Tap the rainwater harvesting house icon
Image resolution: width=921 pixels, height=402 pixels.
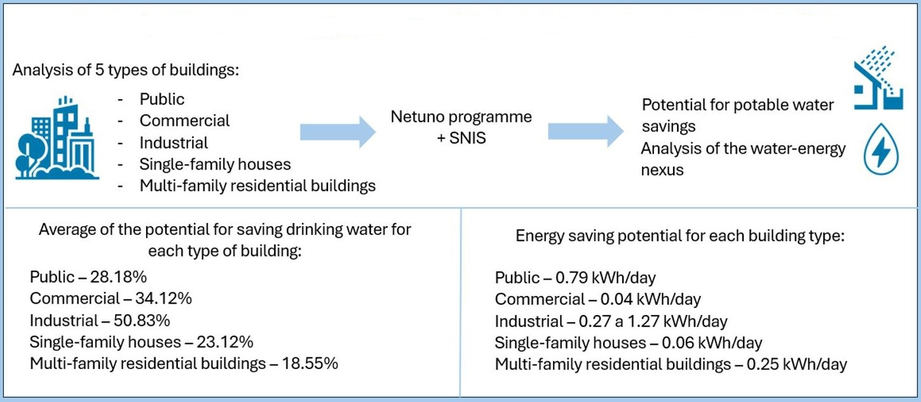(878, 79)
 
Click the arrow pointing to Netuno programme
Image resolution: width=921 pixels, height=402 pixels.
(337, 131)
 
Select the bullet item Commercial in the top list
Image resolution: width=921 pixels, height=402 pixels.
(184, 120)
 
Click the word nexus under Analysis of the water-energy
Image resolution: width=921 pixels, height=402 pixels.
(662, 170)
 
